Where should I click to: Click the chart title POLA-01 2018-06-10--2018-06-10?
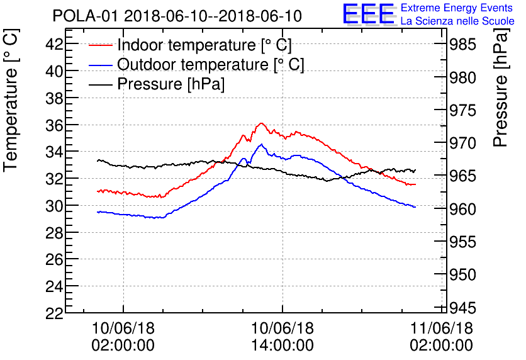pyautogui.click(x=177, y=16)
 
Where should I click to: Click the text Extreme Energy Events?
pyautogui.click(x=457, y=8)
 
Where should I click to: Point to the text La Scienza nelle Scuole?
pyautogui.click(x=457, y=21)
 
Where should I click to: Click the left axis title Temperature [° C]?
pyautogui.click(x=11, y=102)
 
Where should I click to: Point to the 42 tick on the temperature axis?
pyautogui.click(x=54, y=44)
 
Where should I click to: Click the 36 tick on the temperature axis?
pyautogui.click(x=54, y=125)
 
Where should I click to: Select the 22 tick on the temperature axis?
pyautogui.click(x=54, y=313)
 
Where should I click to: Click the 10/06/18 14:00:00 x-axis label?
pyautogui.click(x=283, y=337)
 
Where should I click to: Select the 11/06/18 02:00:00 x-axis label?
pyautogui.click(x=441, y=337)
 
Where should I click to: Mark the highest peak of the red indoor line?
pyautogui.click(x=261, y=123)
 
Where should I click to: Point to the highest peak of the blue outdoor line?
pyautogui.click(x=261, y=144)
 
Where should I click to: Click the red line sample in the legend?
pyautogui.click(x=101, y=45)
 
